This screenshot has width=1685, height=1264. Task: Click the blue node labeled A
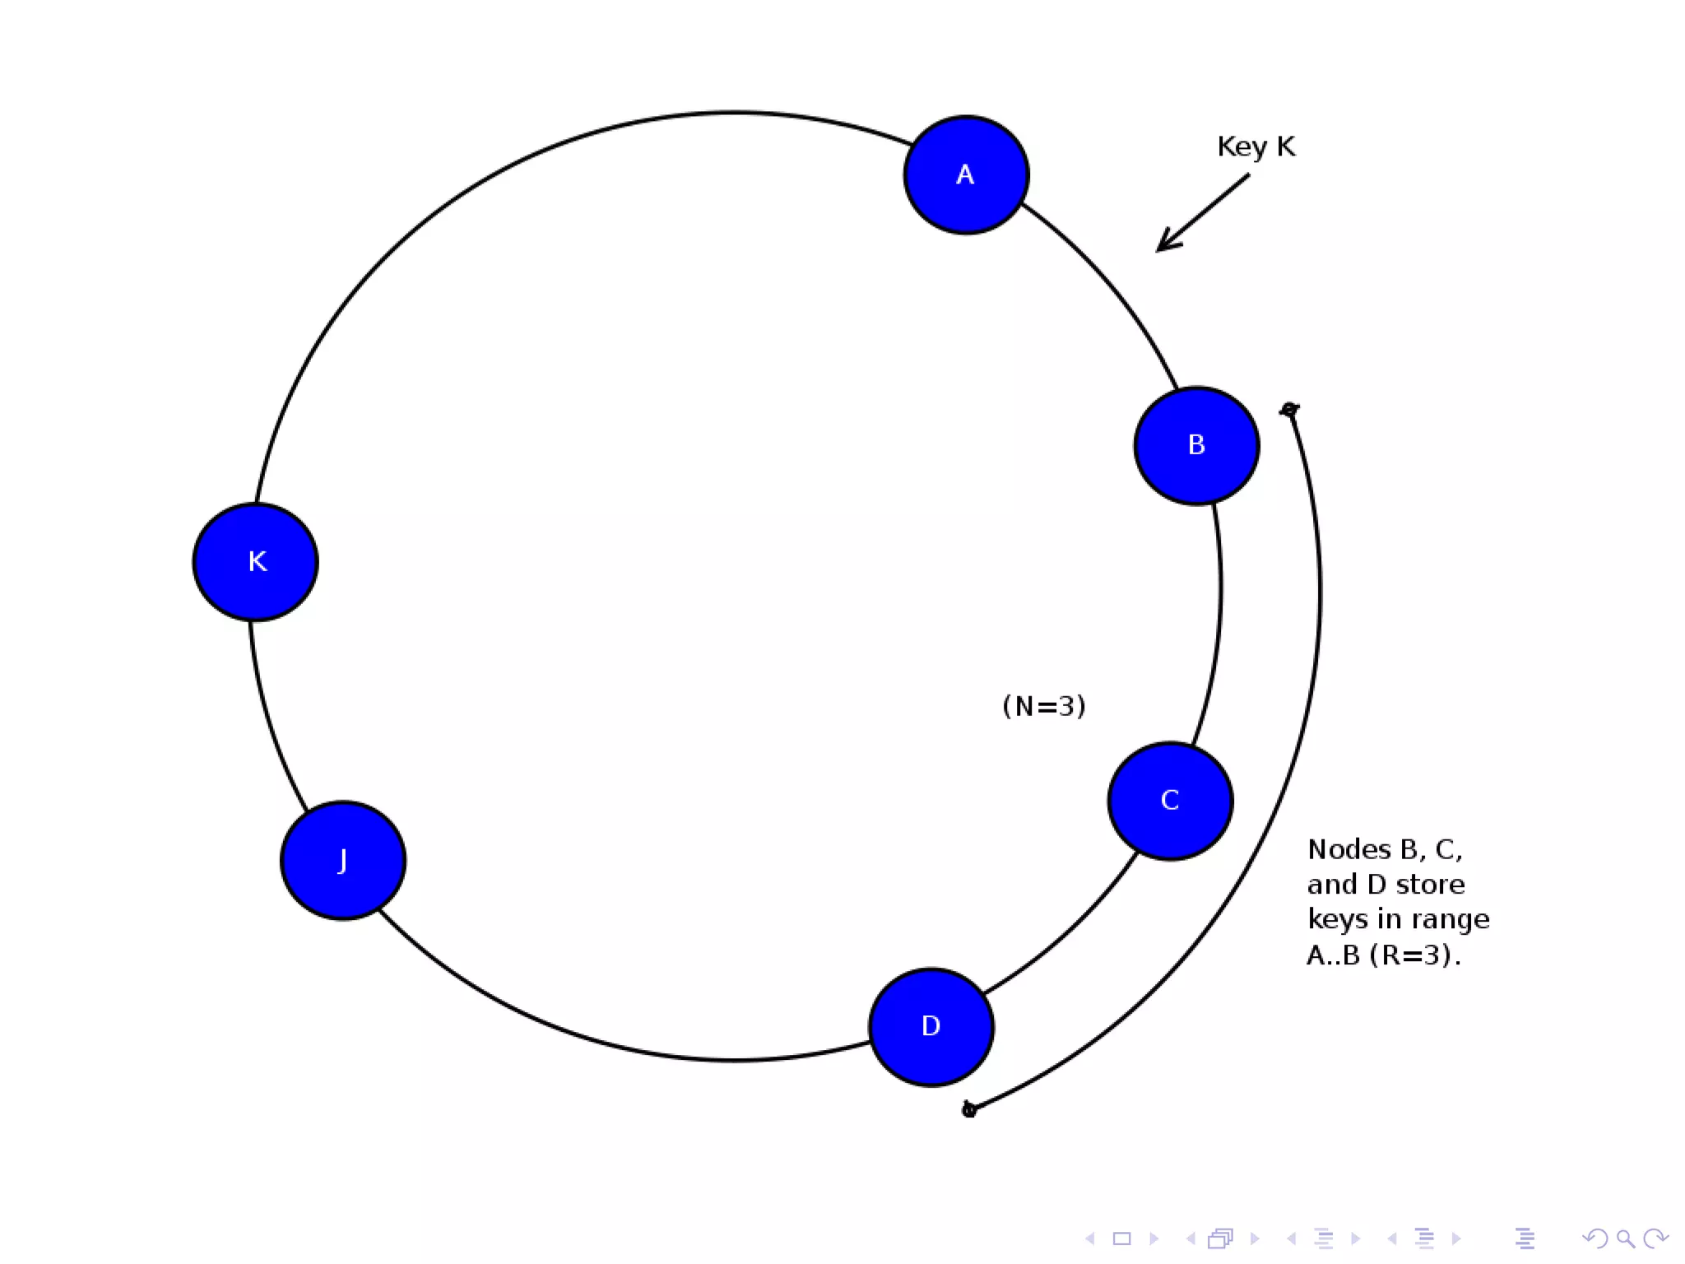[966, 174]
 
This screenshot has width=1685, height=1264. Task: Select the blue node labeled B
[1196, 445]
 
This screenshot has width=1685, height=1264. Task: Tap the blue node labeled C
[1170, 801]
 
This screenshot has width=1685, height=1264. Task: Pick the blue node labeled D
[931, 1026]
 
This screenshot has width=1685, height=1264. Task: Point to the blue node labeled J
[343, 860]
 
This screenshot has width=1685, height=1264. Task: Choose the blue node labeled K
[256, 561]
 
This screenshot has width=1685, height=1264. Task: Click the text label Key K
[1256, 146]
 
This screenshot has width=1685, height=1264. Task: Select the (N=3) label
[1043, 706]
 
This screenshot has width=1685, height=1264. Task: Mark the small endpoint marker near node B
[1289, 409]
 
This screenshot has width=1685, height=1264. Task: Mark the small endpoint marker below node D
[969, 1110]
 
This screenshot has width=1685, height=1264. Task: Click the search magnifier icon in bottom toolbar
[1626, 1238]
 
